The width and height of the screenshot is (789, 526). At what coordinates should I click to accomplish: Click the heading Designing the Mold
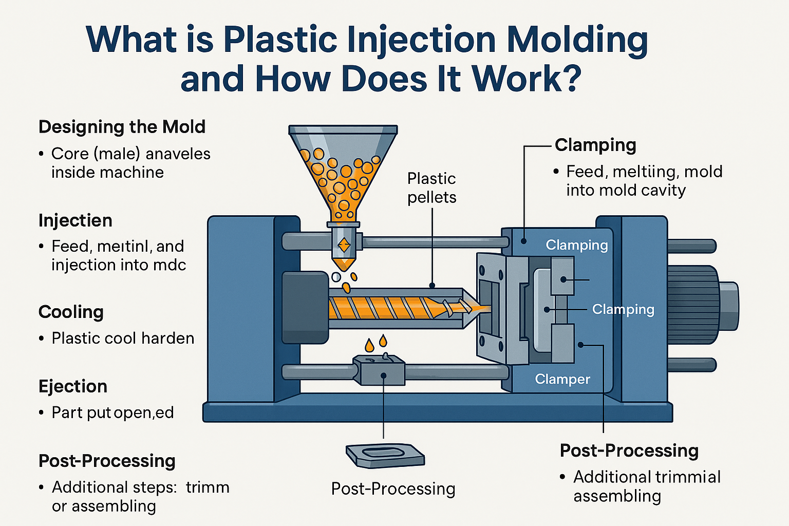[x=122, y=127]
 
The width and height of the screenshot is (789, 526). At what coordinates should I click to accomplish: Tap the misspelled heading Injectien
[x=75, y=220]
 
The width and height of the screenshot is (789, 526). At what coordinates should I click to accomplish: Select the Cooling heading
[x=71, y=312]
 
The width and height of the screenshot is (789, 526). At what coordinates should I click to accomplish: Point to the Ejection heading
[x=73, y=386]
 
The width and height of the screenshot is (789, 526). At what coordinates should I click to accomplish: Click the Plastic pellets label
[x=431, y=188]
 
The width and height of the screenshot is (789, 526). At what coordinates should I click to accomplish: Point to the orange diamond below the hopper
[x=344, y=245]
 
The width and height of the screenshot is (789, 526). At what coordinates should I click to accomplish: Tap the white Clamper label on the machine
[x=562, y=379]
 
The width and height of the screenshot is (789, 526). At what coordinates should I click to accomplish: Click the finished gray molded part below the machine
[x=385, y=455]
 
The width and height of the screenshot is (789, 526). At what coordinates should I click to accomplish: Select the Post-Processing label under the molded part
[x=393, y=489]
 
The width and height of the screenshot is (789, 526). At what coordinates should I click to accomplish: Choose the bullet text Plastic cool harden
[x=123, y=339]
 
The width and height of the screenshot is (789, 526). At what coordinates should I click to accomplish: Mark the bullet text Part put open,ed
[x=112, y=413]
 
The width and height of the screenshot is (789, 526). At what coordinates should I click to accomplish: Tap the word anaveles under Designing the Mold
[x=178, y=154]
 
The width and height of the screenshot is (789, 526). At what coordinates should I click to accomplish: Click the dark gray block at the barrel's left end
[x=305, y=307]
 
